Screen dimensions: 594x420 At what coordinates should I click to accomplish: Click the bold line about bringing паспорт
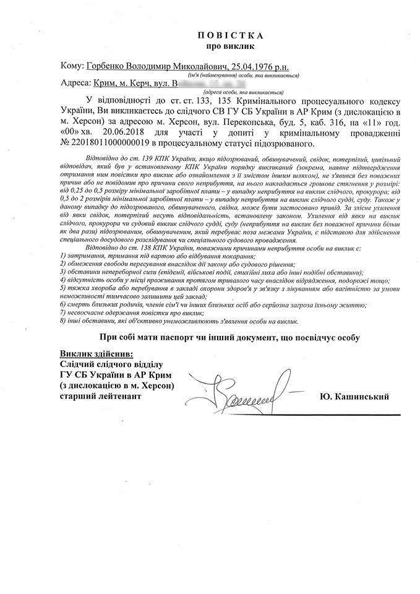click(229, 337)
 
